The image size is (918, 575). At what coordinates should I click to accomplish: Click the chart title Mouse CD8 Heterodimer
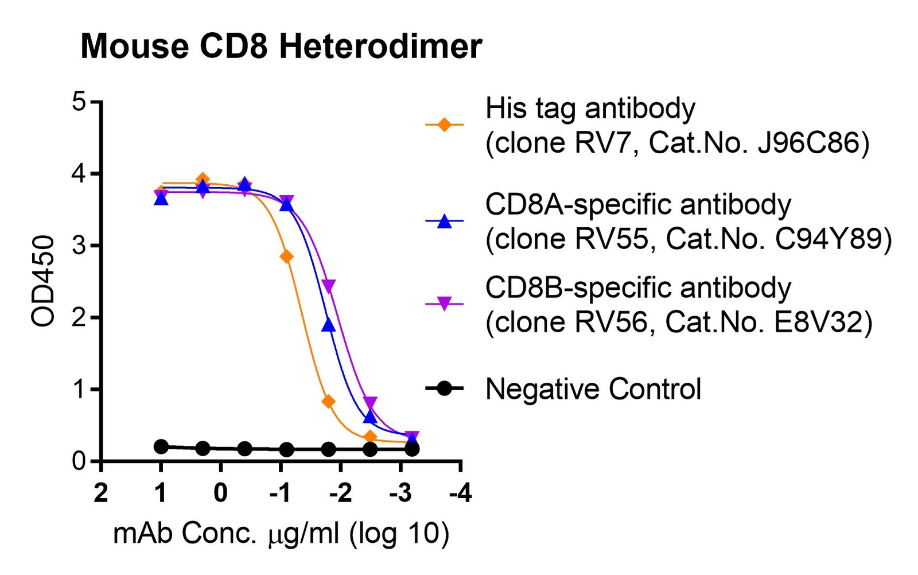click(x=281, y=46)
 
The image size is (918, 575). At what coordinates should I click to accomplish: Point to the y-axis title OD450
click(x=42, y=281)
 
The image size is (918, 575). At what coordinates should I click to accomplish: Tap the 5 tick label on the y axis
click(x=79, y=101)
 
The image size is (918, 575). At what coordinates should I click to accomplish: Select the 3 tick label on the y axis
click(x=79, y=246)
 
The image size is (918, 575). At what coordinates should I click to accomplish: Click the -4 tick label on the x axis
click(x=461, y=492)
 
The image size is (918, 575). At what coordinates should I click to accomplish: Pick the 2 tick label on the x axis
click(x=101, y=492)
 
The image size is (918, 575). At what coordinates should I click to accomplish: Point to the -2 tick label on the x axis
click(x=341, y=492)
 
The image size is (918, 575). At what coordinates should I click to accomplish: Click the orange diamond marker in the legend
click(x=444, y=124)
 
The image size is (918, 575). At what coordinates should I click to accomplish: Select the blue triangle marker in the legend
click(x=444, y=222)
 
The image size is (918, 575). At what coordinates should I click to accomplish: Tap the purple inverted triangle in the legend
click(x=444, y=304)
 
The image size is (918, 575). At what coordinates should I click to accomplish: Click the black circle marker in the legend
click(x=444, y=388)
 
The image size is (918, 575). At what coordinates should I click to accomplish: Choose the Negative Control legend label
click(x=593, y=388)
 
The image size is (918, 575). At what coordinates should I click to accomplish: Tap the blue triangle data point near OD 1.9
click(x=328, y=325)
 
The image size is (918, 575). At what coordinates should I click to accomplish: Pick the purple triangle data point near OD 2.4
click(x=328, y=286)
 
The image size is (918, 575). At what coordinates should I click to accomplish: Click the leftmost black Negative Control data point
click(x=161, y=446)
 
